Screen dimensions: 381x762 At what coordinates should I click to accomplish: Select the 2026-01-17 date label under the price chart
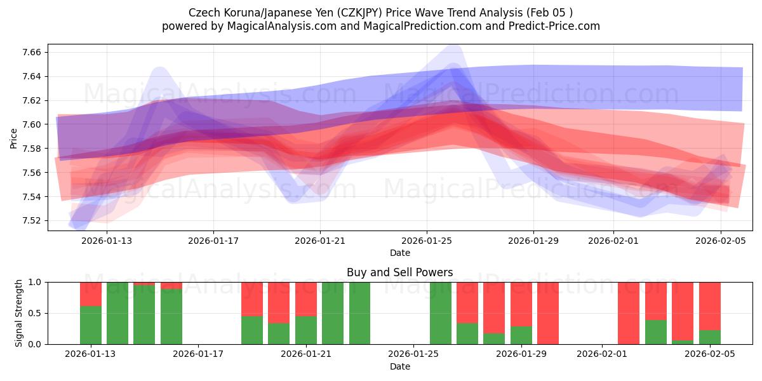[x=213, y=241]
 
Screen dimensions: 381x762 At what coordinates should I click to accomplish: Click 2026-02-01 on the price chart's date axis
[x=613, y=241]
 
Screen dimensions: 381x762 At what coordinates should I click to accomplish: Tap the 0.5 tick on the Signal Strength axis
[x=36, y=313]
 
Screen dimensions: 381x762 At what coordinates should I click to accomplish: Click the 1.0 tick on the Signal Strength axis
[x=36, y=282]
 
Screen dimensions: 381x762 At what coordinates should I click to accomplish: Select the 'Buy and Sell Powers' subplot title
[x=399, y=272]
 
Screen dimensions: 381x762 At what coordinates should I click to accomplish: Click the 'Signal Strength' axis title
[x=19, y=313]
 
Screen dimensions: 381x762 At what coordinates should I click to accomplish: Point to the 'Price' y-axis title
[x=14, y=137]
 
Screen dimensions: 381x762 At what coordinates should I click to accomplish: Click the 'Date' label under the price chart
[x=399, y=253]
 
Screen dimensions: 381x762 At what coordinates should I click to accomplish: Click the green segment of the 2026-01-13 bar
[x=91, y=325]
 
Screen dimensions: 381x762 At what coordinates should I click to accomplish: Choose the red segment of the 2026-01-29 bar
[x=521, y=304]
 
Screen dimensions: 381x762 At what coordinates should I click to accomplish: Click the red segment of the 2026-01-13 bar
[x=91, y=294]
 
